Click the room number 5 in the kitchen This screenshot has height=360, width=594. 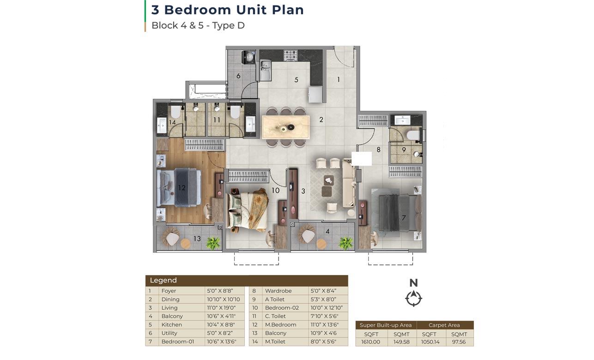[x=296, y=80]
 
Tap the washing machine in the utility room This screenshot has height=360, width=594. [x=249, y=57]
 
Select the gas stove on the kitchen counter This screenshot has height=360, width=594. [x=291, y=55]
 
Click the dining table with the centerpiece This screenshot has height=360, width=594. [x=286, y=127]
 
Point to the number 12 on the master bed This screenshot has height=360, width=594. [x=182, y=188]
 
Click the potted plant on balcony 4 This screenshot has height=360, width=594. [x=346, y=243]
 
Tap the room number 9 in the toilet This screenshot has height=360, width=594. [x=404, y=150]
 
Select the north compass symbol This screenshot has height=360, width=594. [x=413, y=298]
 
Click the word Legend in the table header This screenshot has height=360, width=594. [x=163, y=280]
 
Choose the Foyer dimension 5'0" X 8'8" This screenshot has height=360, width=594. [x=220, y=291]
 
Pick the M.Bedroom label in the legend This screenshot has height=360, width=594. [x=280, y=324]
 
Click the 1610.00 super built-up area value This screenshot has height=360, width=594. [x=371, y=342]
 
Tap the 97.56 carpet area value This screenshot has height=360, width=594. [x=459, y=342]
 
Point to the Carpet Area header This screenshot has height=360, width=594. [x=444, y=325]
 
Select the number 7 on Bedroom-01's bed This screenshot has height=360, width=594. [x=404, y=218]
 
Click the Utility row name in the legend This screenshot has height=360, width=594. [x=169, y=333]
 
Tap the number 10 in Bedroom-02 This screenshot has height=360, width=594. [x=275, y=190]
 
